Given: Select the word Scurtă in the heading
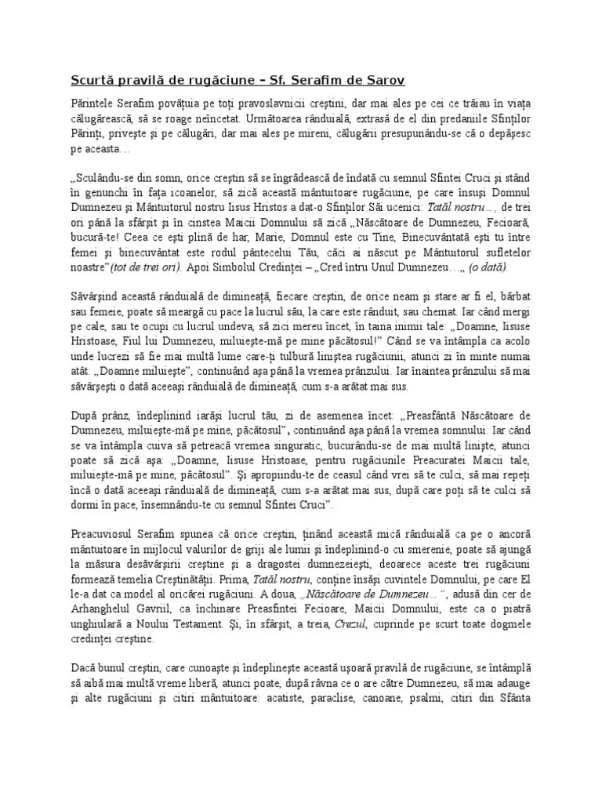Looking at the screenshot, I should tap(92, 80).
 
